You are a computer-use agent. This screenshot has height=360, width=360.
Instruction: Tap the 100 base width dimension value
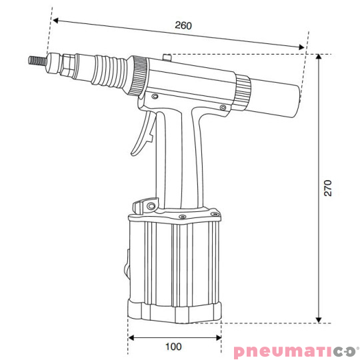coord(173,347)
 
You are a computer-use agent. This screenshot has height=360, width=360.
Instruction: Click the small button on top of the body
coord(168,57)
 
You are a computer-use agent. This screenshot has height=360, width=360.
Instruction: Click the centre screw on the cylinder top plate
coord(181,217)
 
